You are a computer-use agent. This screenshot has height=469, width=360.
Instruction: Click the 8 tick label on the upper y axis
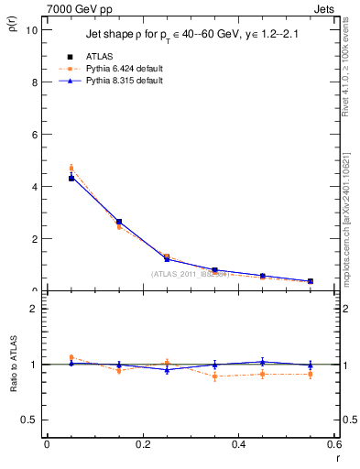pyautogui.click(x=34, y=82)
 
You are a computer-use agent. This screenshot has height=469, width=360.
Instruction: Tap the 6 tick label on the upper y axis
pyautogui.click(x=34, y=134)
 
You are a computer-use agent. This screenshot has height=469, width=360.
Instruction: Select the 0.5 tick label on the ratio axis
pyautogui.click(x=30, y=420)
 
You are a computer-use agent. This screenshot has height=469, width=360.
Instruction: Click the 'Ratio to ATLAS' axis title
pyautogui.click(x=11, y=389)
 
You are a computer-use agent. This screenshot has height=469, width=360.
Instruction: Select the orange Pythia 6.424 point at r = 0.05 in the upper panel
pyautogui.click(x=71, y=168)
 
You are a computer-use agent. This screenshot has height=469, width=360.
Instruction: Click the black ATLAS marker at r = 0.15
pyautogui.click(x=119, y=222)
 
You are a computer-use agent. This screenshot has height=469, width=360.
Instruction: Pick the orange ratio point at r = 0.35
pyautogui.click(x=214, y=376)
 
